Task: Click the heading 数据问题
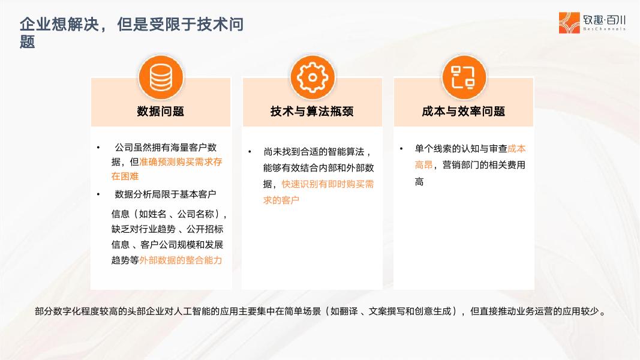[x=160, y=111]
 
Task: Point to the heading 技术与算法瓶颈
[x=312, y=111]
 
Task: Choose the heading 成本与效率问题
[x=464, y=111]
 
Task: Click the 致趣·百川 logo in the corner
[x=592, y=23]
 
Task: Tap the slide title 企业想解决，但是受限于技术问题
[x=131, y=32]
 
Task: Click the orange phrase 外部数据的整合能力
[x=181, y=260]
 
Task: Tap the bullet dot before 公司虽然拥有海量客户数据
[x=98, y=148]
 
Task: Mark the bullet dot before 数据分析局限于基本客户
[x=98, y=194]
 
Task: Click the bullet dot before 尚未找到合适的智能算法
[x=250, y=152]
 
